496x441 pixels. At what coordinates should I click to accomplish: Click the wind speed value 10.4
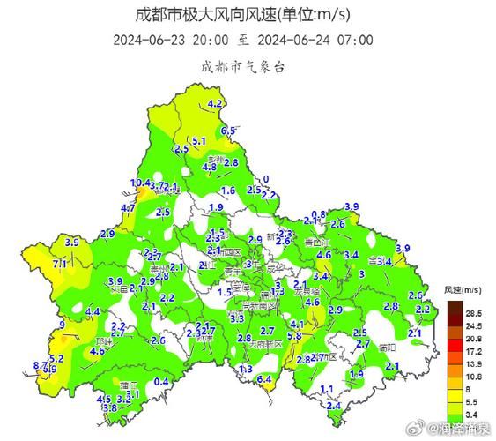pos(140,183)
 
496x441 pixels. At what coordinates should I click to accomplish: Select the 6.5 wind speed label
pos(228,131)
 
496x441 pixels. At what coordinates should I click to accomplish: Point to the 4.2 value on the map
pos(215,103)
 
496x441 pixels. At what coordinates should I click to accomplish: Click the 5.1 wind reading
pos(199,141)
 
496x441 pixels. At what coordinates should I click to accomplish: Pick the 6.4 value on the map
pos(263,378)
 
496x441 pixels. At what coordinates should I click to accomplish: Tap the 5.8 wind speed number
pos(295,336)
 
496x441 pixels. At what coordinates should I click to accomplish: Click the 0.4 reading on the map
pos(161,381)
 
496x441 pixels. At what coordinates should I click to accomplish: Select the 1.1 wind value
pos(326,389)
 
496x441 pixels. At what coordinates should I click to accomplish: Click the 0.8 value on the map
pos(320,214)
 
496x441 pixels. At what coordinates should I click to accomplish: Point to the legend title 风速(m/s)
pos(463,290)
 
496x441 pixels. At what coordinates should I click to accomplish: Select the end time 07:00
pos(356,41)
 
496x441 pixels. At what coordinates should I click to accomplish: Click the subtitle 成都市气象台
pos(241,66)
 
